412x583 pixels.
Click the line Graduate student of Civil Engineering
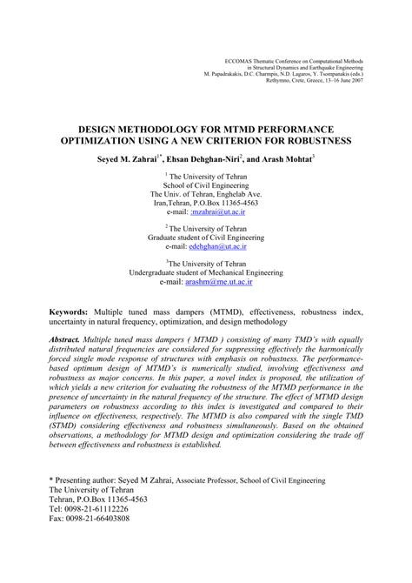[206, 235]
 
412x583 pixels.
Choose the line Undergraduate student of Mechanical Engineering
[206, 271]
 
